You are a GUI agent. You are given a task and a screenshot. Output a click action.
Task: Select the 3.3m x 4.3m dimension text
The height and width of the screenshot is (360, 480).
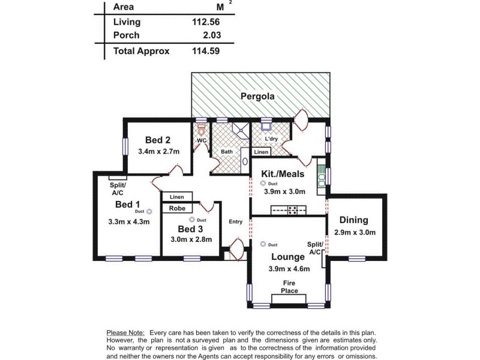(x=128, y=221)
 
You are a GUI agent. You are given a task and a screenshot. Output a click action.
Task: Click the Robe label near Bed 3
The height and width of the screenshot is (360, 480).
(x=176, y=209)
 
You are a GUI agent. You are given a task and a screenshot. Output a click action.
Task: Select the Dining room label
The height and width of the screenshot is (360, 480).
(x=353, y=220)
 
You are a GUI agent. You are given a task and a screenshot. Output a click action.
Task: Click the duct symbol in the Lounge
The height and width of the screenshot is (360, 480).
(x=263, y=244)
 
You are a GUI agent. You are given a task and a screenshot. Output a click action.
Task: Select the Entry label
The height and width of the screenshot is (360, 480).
(x=235, y=222)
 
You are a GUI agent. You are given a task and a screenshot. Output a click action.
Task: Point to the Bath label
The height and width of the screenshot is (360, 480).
(x=227, y=152)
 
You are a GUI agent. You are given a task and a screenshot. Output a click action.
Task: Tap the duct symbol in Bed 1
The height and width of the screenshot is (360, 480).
(x=149, y=211)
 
